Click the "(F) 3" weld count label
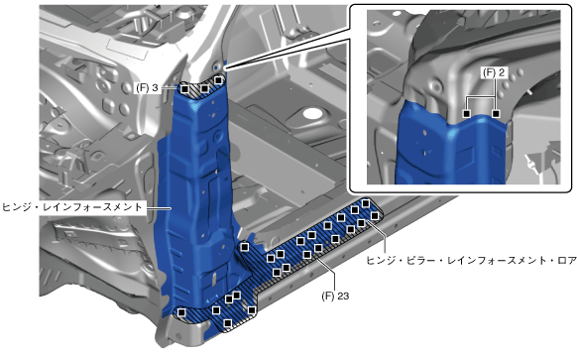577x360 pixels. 147,88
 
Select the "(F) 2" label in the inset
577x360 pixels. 494,72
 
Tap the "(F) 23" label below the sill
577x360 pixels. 335,296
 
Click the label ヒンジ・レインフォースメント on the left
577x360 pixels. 72,207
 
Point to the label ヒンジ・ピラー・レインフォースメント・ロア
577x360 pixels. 471,261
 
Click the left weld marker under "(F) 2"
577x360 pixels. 467,114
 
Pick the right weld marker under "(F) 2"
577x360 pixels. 496,114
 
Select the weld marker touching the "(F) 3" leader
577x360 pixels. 185,89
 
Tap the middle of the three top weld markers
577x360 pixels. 205,88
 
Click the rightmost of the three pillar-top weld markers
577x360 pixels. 218,80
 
